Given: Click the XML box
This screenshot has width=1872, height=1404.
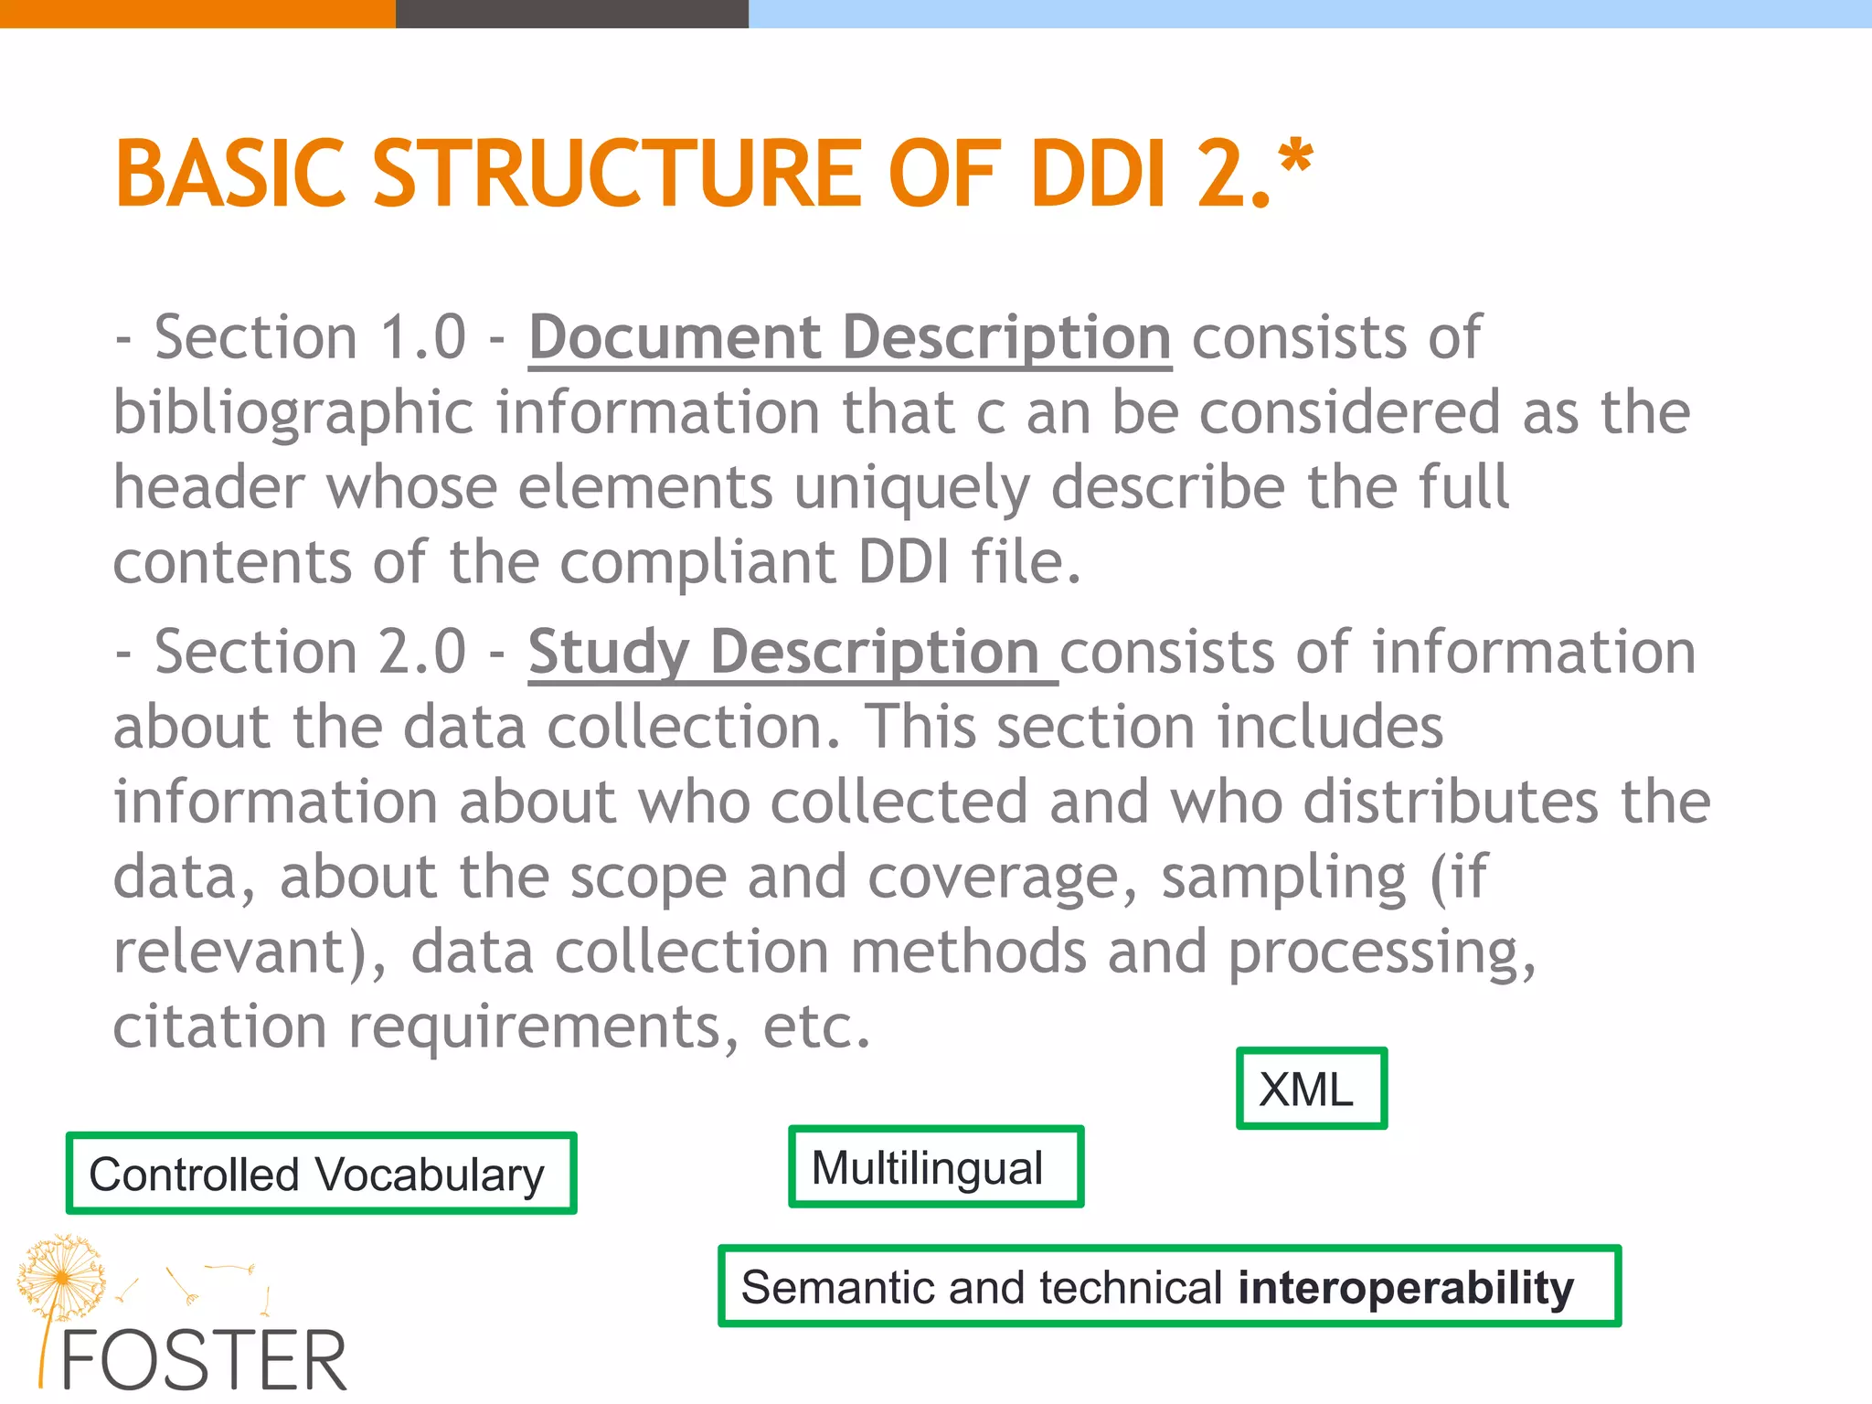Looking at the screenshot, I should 1311,1089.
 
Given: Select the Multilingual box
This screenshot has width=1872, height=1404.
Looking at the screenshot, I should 935,1167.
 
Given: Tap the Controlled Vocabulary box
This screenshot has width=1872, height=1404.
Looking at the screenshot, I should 321,1174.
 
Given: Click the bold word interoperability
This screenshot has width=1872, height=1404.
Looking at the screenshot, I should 1406,1288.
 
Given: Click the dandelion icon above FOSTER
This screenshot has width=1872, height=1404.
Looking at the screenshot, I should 60,1276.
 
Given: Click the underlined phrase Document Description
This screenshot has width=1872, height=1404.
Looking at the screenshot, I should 850,338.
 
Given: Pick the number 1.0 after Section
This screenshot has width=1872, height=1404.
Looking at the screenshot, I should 422,338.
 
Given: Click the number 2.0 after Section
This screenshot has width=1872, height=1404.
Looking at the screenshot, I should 422,653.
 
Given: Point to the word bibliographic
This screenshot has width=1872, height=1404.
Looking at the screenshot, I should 292,413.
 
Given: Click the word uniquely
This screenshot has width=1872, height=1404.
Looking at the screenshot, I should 911,488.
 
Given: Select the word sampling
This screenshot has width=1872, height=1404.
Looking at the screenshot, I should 1283,877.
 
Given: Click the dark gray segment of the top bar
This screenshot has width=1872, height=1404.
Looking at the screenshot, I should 572,14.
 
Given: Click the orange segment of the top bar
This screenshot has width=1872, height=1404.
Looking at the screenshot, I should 197,14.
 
